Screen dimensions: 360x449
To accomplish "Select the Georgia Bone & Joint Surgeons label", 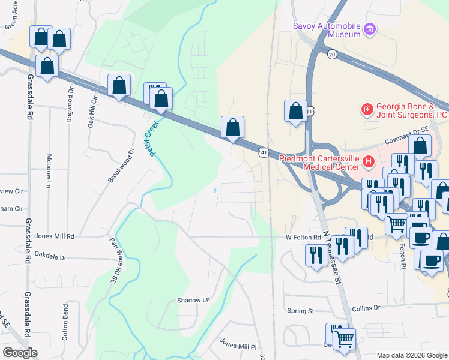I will (x=412, y=109).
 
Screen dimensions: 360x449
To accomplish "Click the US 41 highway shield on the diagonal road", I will (x=264, y=154).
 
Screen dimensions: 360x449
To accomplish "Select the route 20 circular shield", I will (x=332, y=55).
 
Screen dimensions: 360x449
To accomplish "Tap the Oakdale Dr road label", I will (x=50, y=256).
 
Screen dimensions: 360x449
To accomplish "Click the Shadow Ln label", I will (x=194, y=300).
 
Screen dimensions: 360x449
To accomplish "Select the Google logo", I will (x=20, y=353).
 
